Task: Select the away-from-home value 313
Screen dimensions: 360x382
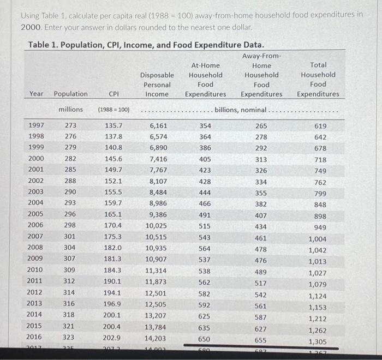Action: pyautogui.click(x=261, y=159)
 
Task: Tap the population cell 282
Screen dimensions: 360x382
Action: pyautogui.click(x=71, y=159)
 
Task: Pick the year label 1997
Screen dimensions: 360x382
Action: pyautogui.click(x=37, y=125)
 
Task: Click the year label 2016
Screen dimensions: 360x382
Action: pyautogui.click(x=37, y=337)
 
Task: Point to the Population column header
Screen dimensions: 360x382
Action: pyautogui.click(x=70, y=94)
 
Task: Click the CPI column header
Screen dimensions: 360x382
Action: pyautogui.click(x=114, y=94)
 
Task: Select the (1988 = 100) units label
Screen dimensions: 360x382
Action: pyautogui.click(x=114, y=110)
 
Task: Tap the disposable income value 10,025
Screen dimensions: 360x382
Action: pyautogui.click(x=157, y=226)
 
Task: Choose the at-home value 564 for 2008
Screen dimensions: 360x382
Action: pyautogui.click(x=205, y=248)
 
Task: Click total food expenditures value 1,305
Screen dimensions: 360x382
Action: pyautogui.click(x=318, y=341)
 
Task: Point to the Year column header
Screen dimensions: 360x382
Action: pyautogui.click(x=37, y=94)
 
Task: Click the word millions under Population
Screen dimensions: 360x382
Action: pyautogui.click(x=71, y=110)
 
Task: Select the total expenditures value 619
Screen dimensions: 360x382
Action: pyautogui.click(x=320, y=126)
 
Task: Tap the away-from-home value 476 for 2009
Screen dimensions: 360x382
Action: pyautogui.click(x=261, y=260)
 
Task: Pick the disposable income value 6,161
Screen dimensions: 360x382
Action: pyautogui.click(x=158, y=125)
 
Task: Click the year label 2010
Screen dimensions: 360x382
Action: pyautogui.click(x=37, y=270)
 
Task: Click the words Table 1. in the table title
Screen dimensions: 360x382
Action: pyautogui.click(x=41, y=45)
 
